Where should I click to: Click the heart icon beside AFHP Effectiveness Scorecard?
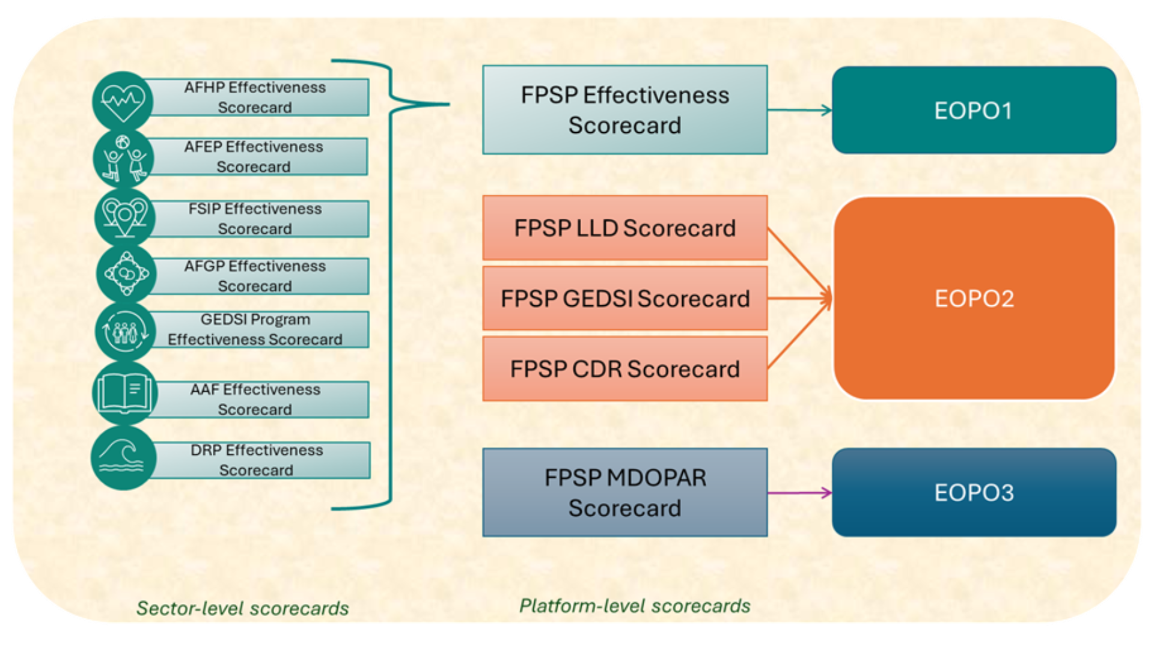pos(123,101)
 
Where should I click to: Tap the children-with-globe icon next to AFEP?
pos(124,159)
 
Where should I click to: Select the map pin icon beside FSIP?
pos(125,217)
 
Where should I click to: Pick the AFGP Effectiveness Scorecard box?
pos(255,276)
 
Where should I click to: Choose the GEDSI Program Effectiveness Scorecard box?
pos(255,329)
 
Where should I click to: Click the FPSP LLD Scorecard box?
pos(624,228)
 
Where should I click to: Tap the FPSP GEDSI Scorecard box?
pos(624,298)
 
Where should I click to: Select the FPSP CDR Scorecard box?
pos(624,368)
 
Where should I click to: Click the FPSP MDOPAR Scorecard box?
pos(624,492)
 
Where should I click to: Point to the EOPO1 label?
pos(974,111)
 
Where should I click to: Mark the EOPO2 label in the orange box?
pos(974,299)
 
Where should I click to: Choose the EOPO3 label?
pos(974,493)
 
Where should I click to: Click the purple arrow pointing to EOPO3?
pos(799,493)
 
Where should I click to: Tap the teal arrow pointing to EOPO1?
pos(799,110)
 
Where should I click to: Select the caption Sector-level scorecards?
pos(243,608)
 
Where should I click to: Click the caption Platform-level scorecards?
pos(635,606)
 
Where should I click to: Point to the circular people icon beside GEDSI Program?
pos(125,331)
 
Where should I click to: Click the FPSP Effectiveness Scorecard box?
pos(624,110)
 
